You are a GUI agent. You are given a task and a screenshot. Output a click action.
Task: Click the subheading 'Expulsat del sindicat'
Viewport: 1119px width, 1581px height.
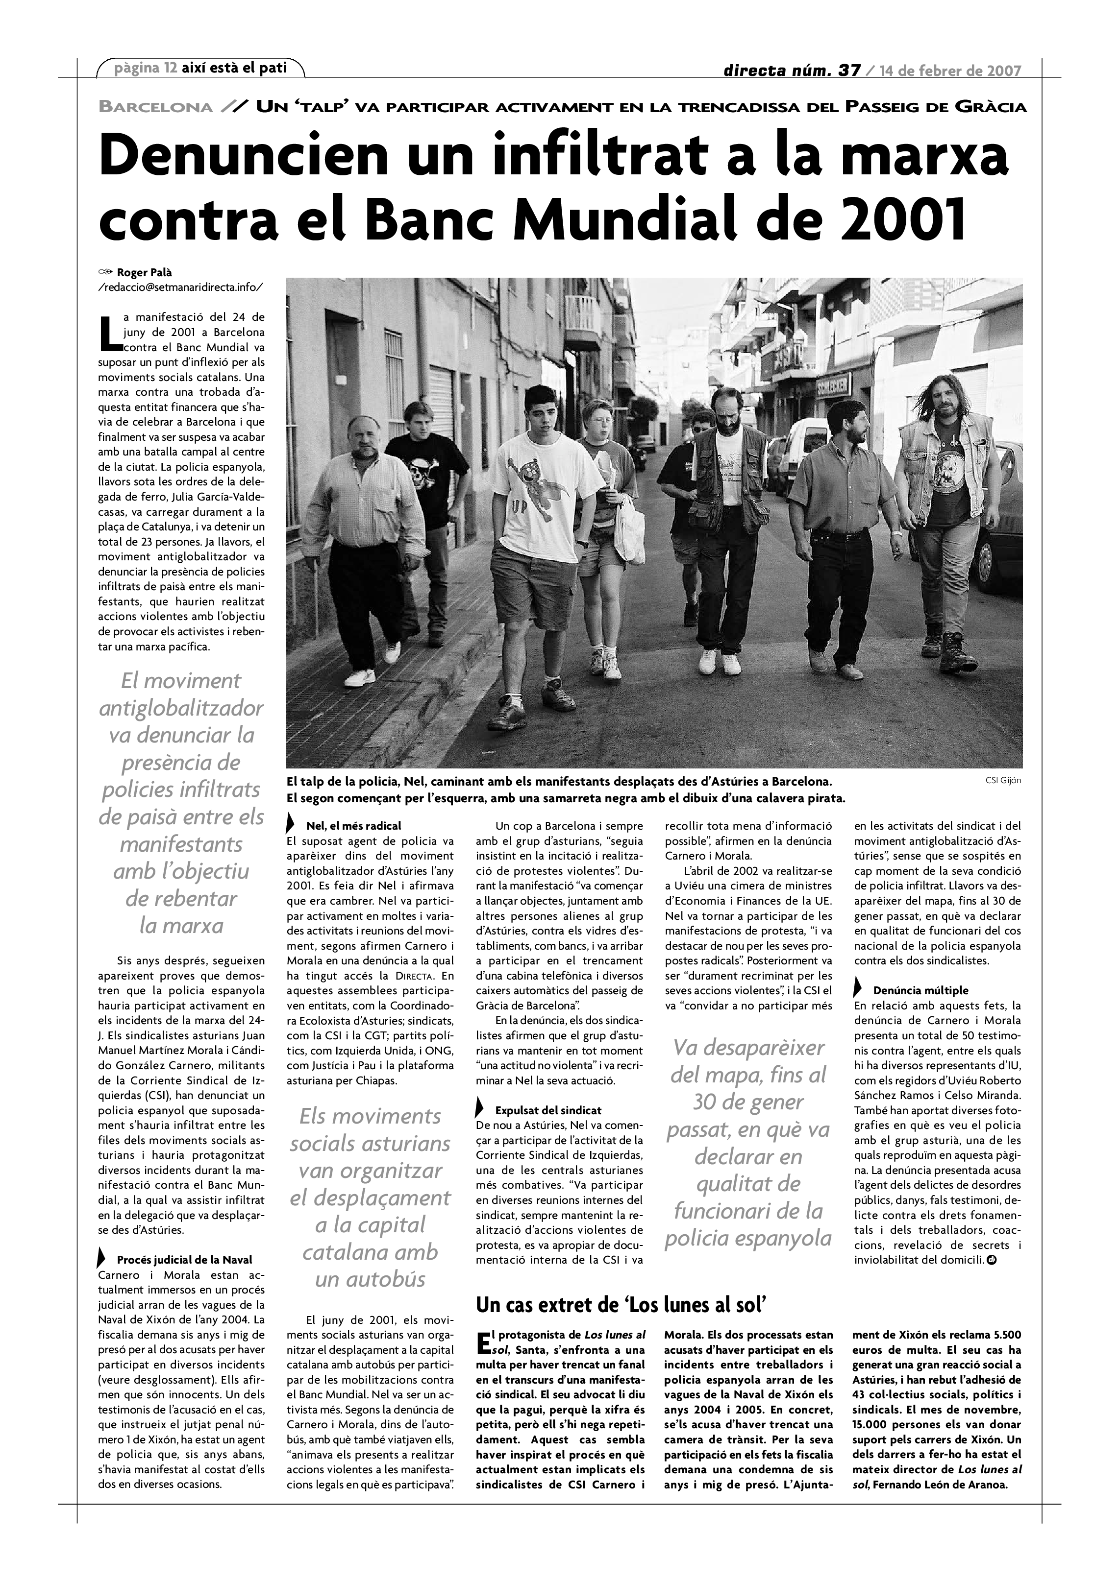coord(548,1110)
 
